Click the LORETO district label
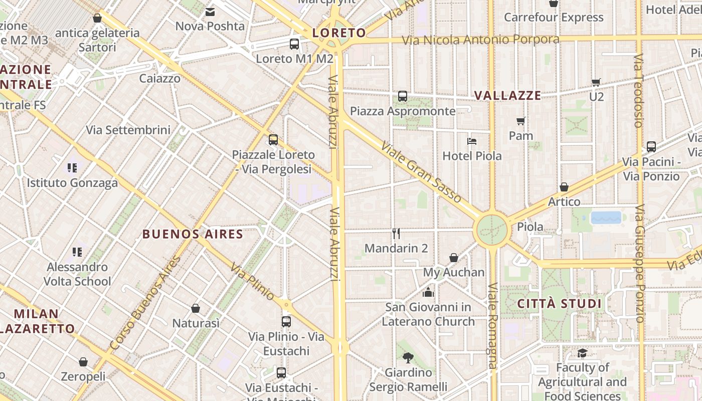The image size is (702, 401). pyautogui.click(x=339, y=33)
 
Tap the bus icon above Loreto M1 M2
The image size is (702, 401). pyautogui.click(x=294, y=44)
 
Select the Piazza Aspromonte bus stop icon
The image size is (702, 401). pyautogui.click(x=402, y=96)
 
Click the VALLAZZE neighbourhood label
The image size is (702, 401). pyautogui.click(x=507, y=96)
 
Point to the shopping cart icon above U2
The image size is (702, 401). pyautogui.click(x=596, y=82)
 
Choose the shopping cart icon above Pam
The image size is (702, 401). pyautogui.click(x=521, y=121)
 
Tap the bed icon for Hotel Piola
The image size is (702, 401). pyautogui.click(x=472, y=141)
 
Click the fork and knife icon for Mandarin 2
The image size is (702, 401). pyautogui.click(x=396, y=233)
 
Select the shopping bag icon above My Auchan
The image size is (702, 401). pyautogui.click(x=454, y=258)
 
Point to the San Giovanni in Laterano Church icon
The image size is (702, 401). pyautogui.click(x=428, y=292)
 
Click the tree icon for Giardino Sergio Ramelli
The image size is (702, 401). pyautogui.click(x=408, y=357)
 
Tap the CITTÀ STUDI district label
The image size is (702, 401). pyautogui.click(x=559, y=304)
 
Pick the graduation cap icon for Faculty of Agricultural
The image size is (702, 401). pyautogui.click(x=582, y=353)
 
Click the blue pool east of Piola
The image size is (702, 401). pyautogui.click(x=606, y=218)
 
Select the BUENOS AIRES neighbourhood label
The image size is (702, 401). pyautogui.click(x=193, y=234)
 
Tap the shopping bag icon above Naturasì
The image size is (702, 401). pyautogui.click(x=196, y=308)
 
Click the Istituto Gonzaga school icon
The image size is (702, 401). pyautogui.click(x=72, y=168)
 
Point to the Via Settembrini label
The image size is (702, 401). pyautogui.click(x=128, y=130)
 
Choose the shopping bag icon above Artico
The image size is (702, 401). pyautogui.click(x=564, y=187)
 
